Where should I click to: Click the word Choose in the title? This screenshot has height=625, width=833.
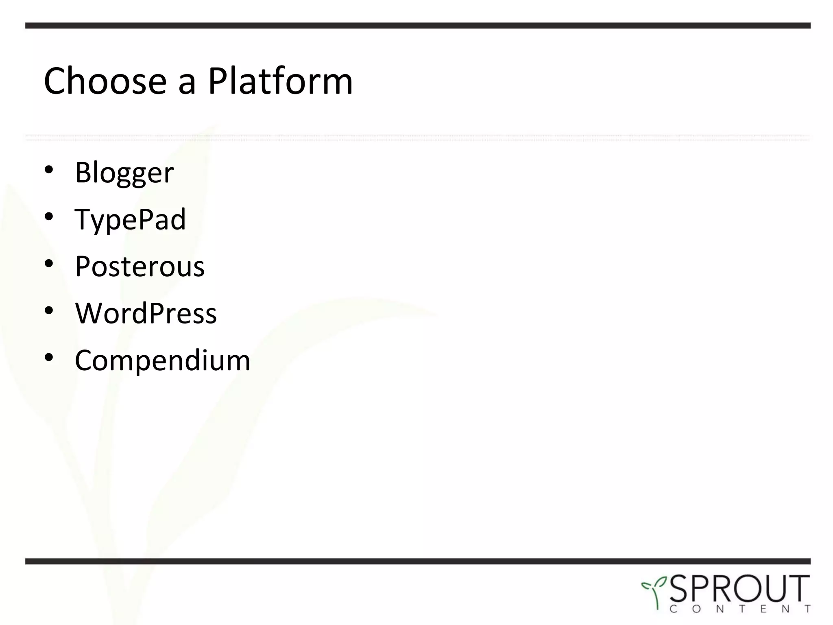click(x=105, y=81)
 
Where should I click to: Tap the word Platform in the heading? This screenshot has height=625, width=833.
click(x=280, y=81)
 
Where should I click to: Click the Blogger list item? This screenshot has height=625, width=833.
click(x=124, y=173)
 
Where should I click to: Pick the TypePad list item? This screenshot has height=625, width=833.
click(x=130, y=220)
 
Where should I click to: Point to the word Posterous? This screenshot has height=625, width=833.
click(x=140, y=267)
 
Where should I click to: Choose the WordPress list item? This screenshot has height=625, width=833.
click(x=146, y=314)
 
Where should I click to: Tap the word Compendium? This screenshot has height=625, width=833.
click(x=162, y=361)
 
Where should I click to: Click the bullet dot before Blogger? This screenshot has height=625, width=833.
click(x=49, y=170)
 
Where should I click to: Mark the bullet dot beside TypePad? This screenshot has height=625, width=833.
click(x=49, y=217)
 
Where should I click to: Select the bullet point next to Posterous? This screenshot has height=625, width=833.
click(x=49, y=264)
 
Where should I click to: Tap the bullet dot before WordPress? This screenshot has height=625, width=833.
click(x=49, y=311)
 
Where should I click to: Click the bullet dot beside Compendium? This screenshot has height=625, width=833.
click(x=49, y=358)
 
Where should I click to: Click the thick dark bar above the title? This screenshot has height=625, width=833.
click(x=418, y=26)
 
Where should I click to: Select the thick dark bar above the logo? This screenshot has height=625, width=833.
click(x=418, y=561)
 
